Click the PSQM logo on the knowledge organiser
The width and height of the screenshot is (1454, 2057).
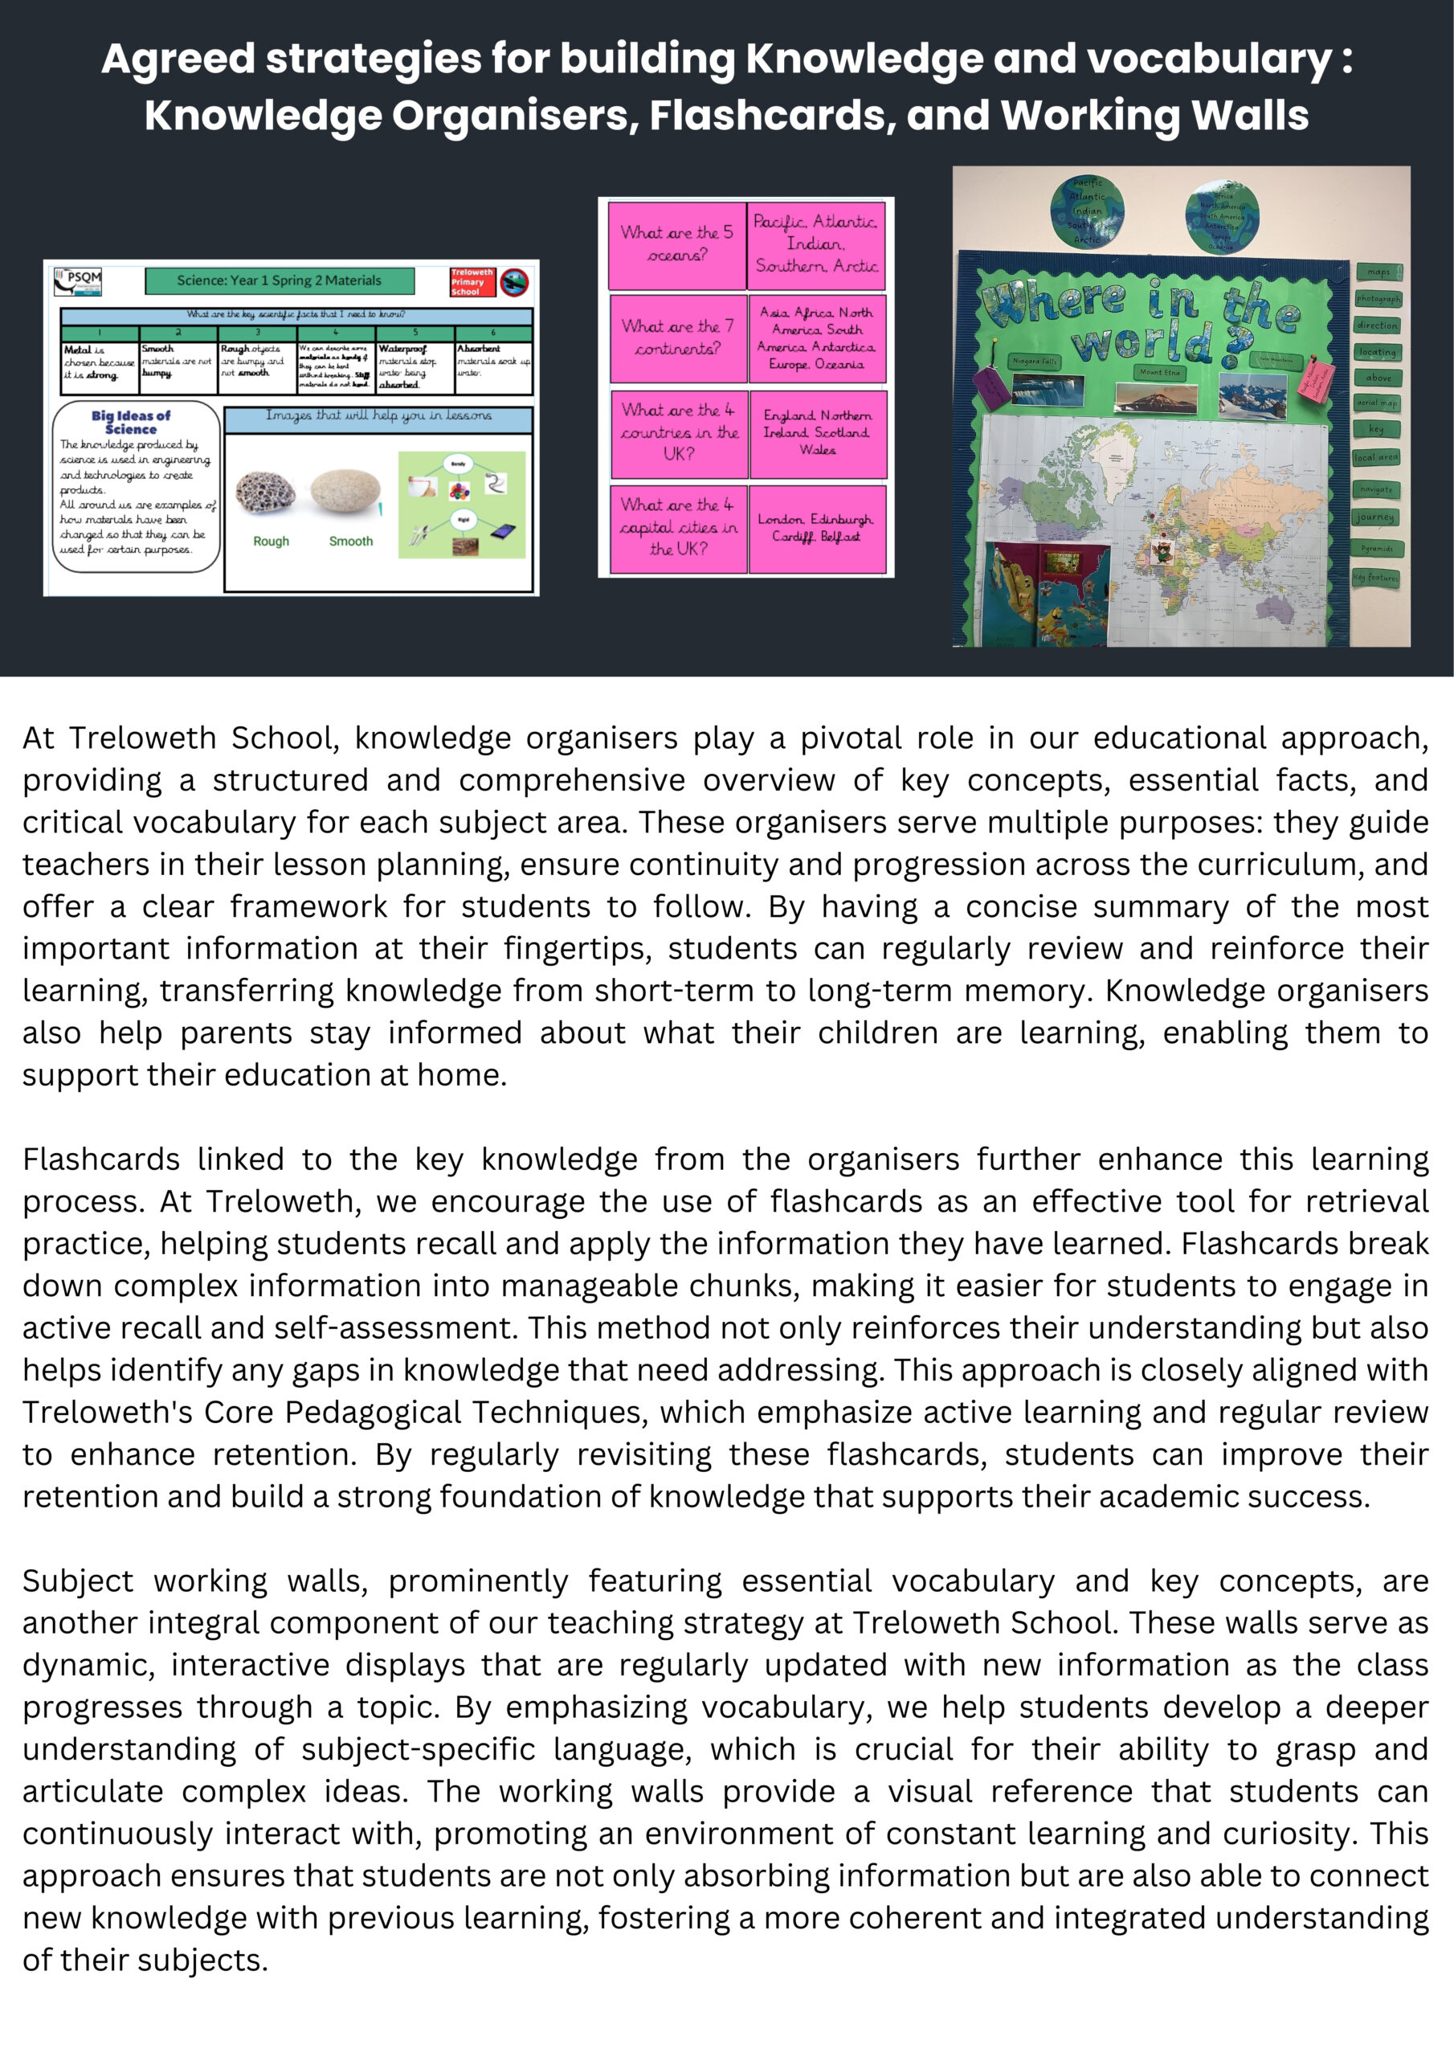click(78, 282)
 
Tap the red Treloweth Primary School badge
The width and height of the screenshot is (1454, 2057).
click(472, 282)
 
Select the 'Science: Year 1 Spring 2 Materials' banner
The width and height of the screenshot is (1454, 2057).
click(279, 281)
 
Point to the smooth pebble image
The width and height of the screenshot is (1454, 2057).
click(345, 492)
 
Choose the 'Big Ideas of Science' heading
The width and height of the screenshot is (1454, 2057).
click(131, 422)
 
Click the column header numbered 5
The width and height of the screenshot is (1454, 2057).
click(415, 333)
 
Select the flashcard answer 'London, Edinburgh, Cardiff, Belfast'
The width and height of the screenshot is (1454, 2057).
click(816, 528)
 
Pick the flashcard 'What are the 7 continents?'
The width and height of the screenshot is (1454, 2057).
click(677, 337)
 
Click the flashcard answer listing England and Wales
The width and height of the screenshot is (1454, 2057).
click(817, 433)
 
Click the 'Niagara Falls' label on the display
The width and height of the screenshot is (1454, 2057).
click(1035, 361)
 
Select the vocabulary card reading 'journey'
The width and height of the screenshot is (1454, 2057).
click(1374, 517)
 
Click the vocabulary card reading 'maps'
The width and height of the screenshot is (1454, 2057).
click(1378, 272)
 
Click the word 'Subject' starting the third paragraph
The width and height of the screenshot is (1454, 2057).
click(78, 1581)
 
